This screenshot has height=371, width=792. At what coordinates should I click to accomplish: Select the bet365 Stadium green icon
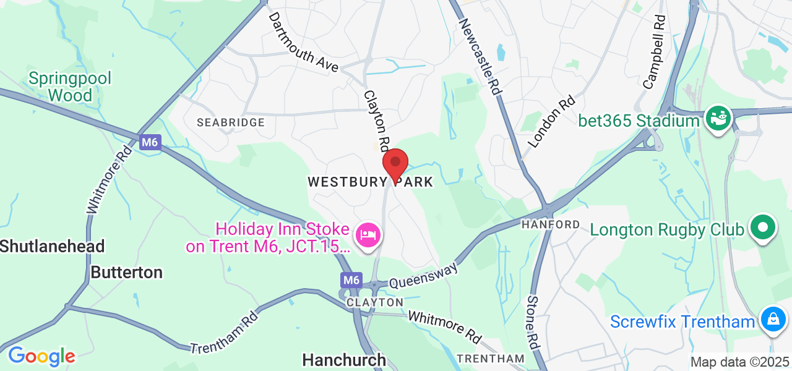[x=718, y=117]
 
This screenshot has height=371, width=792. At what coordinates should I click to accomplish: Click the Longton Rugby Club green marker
[x=762, y=227]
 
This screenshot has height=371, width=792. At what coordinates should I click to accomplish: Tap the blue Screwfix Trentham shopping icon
[x=773, y=319]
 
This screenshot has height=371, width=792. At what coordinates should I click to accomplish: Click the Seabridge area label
[x=230, y=122]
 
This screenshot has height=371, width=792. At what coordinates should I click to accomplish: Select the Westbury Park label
[x=370, y=182]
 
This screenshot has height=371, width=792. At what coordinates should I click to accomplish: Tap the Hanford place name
[x=551, y=224]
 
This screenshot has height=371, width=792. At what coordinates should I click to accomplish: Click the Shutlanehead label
[x=53, y=246]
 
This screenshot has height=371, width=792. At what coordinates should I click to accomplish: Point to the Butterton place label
[x=126, y=272]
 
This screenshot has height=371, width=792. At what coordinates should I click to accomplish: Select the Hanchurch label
[x=344, y=359]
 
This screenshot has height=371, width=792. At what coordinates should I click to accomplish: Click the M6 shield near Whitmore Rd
[x=150, y=143]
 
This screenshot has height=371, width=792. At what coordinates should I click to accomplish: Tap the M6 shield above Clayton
[x=351, y=280]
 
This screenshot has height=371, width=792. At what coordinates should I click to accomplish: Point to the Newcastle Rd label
[x=479, y=56]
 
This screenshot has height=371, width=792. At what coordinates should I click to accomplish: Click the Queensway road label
[x=424, y=276]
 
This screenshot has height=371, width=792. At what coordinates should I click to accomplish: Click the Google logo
[x=41, y=356]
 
